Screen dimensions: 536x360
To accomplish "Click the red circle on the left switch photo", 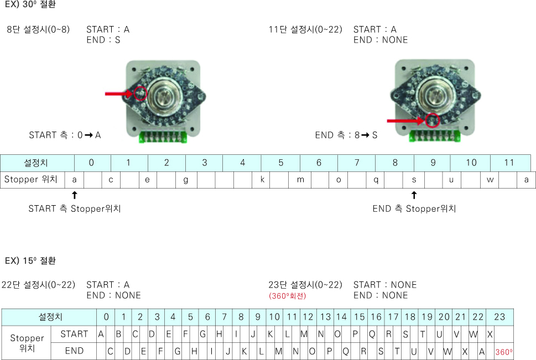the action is [x=134, y=93].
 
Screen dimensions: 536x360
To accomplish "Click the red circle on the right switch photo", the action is [x=426, y=121].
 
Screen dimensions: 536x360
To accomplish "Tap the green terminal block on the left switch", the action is [x=163, y=137].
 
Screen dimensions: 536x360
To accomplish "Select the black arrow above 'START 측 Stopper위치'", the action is [x=75, y=195].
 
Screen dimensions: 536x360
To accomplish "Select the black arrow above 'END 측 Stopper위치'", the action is [x=414, y=195].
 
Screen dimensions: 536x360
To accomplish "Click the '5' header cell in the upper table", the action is [x=280, y=163].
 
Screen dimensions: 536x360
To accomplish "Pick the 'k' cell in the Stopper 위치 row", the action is [x=262, y=180].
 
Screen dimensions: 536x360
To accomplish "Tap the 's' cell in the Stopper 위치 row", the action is [x=414, y=180].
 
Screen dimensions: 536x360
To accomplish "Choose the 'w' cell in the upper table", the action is [x=490, y=180].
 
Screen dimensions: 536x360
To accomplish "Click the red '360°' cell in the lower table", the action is [x=504, y=352].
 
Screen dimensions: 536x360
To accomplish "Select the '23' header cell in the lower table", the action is [x=499, y=317].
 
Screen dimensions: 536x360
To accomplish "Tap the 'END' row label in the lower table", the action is [x=74, y=351].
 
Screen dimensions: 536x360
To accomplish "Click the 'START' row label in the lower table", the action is [x=74, y=334].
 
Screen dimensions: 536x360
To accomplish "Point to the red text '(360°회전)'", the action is [x=287, y=296].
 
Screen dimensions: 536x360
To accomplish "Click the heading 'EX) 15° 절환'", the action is [x=30, y=260].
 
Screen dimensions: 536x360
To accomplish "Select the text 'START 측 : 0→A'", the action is [x=65, y=135].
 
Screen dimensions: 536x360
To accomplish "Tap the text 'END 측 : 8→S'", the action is [x=346, y=135].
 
